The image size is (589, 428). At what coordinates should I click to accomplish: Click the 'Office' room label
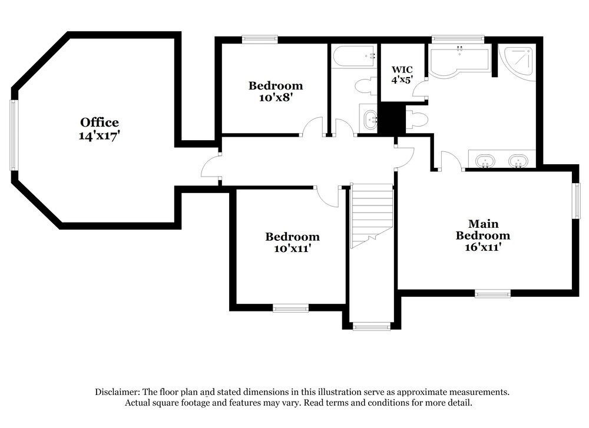pos(100,122)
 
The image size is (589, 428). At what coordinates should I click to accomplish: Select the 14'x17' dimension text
pos(100,135)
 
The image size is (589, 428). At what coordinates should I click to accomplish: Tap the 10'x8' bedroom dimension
pos(276,98)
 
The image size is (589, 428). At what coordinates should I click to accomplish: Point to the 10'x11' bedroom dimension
pos(292,249)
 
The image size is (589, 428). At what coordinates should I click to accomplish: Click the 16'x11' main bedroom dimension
pos(483,247)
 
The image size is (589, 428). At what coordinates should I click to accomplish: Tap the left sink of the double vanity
pos(484,160)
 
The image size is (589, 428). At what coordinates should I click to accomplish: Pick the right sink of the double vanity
pos(518,160)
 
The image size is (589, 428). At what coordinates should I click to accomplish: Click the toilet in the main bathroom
pos(417,120)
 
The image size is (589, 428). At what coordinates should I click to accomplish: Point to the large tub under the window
pos(459,61)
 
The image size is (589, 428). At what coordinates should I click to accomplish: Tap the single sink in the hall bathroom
pos(370,120)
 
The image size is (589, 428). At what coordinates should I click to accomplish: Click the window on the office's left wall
pos(13,135)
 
